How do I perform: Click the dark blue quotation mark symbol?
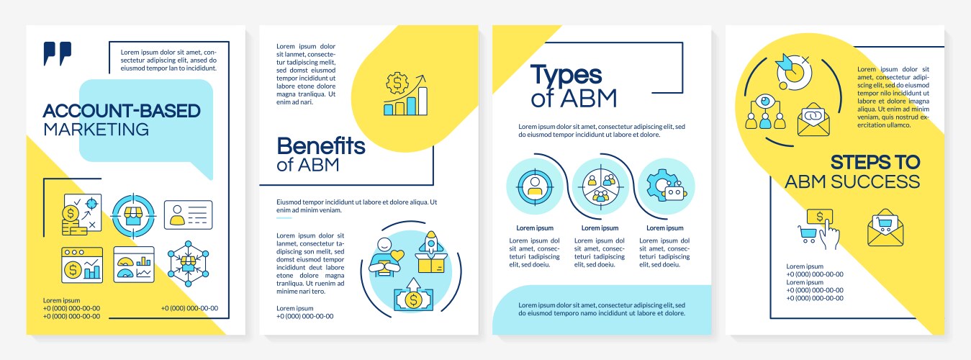click(x=58, y=53)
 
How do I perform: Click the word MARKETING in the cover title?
click(x=96, y=130)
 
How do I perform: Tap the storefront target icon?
click(x=133, y=215)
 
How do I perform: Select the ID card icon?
click(x=188, y=215)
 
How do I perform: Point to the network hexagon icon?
click(x=188, y=264)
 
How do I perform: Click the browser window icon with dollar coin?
click(x=81, y=264)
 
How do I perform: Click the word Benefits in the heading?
click(x=321, y=146)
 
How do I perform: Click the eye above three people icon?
click(x=764, y=112)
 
